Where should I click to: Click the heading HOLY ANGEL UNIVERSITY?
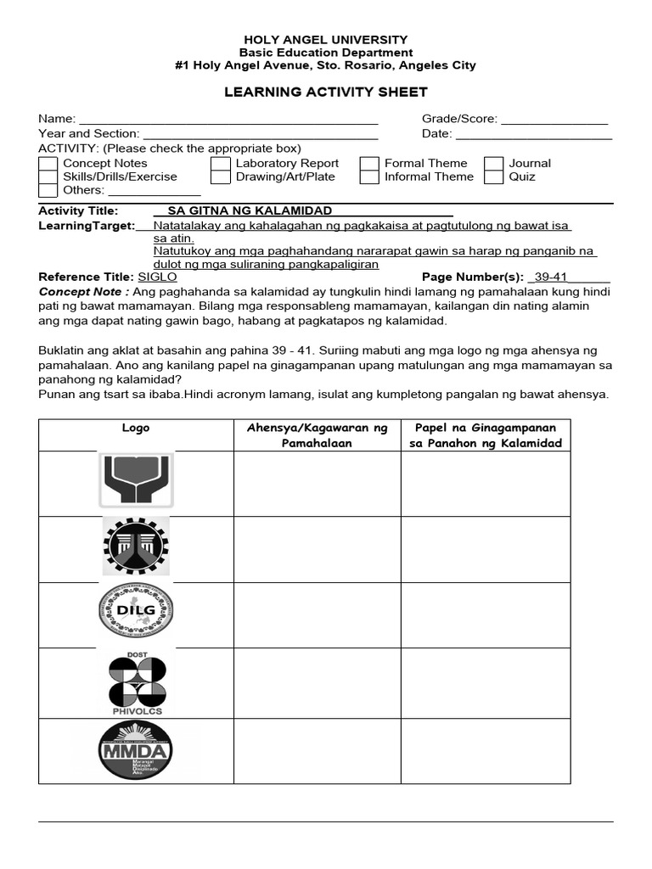point(326,40)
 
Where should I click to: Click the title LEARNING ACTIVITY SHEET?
point(326,92)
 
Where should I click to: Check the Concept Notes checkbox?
point(48,164)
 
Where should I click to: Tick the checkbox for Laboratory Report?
point(221,164)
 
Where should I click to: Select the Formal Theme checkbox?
point(369,164)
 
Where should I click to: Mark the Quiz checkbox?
point(494,177)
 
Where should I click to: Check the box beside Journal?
point(494,164)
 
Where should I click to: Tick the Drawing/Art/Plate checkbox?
point(221,177)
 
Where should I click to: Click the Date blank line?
point(534,134)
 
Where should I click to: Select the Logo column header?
point(136,429)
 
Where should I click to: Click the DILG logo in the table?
point(136,611)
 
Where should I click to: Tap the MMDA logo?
point(136,750)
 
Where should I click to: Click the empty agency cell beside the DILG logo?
point(317,614)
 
